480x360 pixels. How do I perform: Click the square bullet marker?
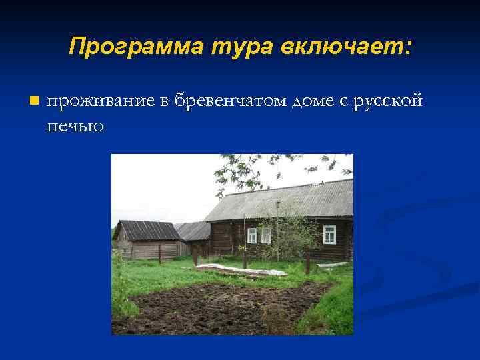tap(35, 101)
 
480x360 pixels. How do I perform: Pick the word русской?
tap(388, 101)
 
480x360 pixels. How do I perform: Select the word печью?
tap(75, 125)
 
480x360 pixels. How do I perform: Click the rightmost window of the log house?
tap(329, 235)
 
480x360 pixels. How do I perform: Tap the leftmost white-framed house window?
tap(252, 235)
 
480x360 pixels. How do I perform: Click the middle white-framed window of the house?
tap(266, 235)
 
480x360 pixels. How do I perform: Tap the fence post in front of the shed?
tap(159, 254)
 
